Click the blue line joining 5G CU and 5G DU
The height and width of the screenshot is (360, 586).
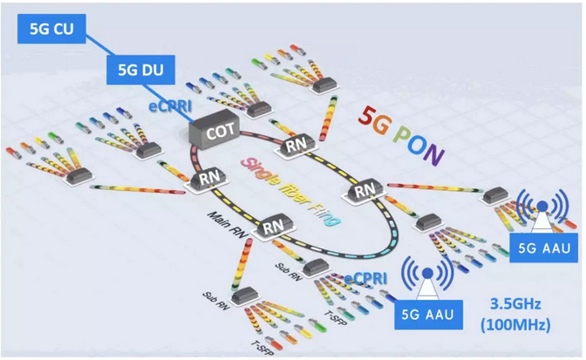tap(92, 50)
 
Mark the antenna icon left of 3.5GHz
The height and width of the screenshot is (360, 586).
tap(429, 273)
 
